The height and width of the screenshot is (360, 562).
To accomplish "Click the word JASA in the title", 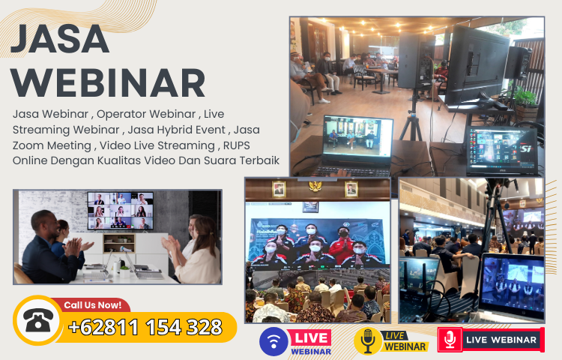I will coord(61,39).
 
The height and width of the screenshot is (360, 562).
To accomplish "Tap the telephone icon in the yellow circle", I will coord(35,321).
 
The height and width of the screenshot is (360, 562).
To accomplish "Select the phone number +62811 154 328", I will coord(145,327).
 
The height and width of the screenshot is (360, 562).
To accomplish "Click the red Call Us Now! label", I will coord(92,305).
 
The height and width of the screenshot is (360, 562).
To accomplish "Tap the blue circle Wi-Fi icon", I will coord(274,341).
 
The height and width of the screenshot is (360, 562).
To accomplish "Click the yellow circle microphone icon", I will coord(367,341).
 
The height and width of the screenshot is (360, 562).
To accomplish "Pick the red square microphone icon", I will coord(450,340).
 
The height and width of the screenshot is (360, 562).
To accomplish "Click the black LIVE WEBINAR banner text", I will coord(501,340).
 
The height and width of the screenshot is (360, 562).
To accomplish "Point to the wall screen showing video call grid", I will coord(120,211).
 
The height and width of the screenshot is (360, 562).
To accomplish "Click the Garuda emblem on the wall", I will coord(315,186).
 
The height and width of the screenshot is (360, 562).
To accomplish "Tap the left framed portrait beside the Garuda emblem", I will coord(279,188).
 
